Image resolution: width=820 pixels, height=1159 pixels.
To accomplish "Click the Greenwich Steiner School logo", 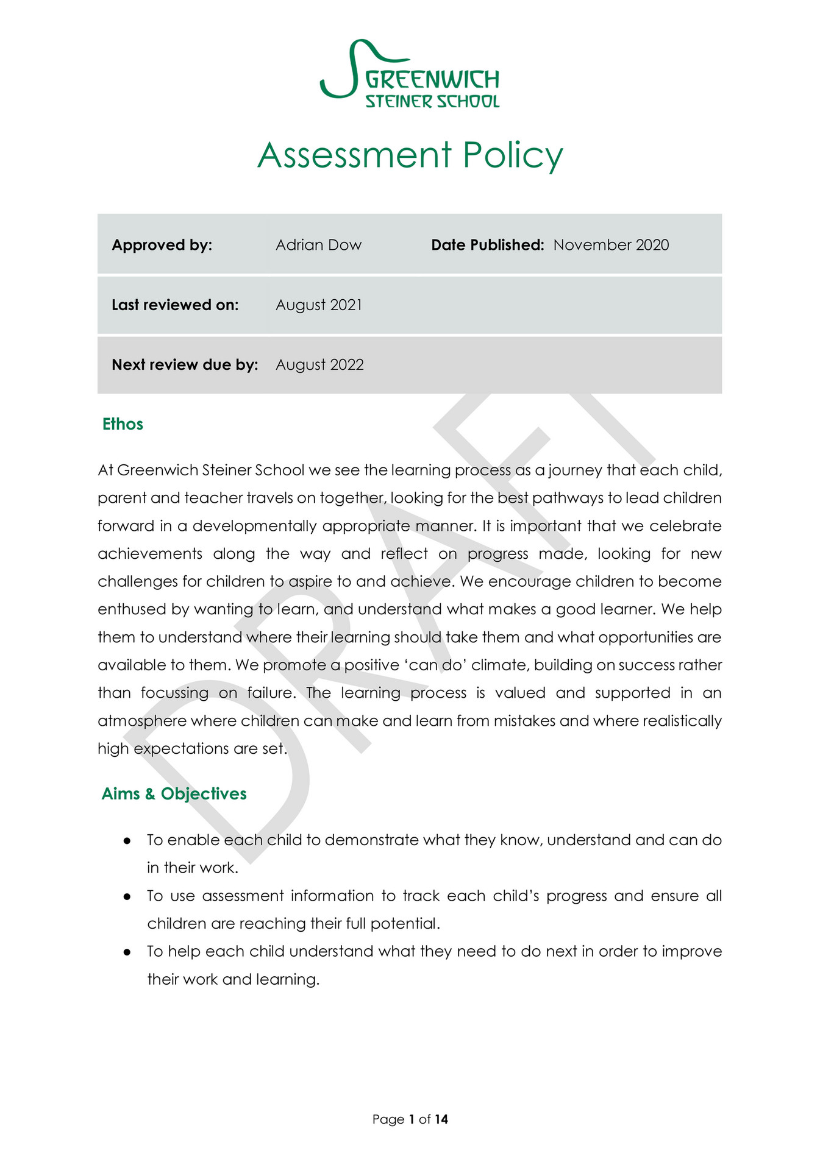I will (410, 74).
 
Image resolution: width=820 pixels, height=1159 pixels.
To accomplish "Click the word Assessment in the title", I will (354, 155).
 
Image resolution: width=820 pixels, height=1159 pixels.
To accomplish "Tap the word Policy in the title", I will (512, 155).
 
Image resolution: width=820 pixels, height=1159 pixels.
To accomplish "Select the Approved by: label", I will (162, 245).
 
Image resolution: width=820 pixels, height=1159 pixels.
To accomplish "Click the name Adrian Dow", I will (318, 245).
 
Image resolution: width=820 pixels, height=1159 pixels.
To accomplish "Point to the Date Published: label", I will (487, 245).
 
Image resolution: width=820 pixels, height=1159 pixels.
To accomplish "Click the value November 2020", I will (611, 245).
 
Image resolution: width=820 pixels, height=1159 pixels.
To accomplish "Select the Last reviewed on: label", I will (175, 305).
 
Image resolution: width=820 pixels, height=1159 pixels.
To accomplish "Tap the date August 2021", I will (318, 305).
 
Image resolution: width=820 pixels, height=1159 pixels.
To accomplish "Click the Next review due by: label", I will (185, 364).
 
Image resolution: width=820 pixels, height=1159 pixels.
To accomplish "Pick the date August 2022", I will (319, 364).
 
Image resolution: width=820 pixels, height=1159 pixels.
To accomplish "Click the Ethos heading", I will (123, 424).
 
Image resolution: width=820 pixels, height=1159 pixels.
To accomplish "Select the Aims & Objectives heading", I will (174, 793).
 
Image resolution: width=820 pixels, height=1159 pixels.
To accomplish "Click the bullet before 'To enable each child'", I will (127, 840).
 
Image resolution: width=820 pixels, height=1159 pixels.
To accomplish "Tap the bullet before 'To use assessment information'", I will (127, 896).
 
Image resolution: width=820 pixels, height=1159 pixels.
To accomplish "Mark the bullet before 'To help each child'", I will (127, 952).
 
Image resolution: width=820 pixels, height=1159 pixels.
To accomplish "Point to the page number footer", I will (410, 1119).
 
